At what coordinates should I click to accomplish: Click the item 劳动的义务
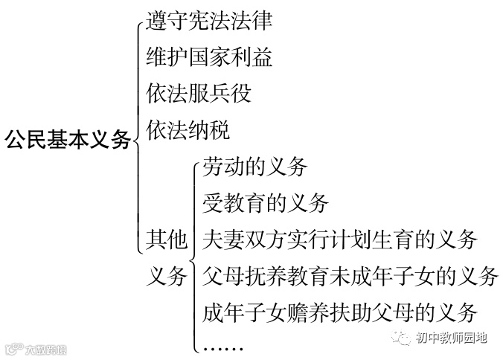coord(254,167)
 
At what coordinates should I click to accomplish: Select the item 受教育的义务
coord(265,202)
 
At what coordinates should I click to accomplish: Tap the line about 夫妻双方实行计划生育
coord(339,239)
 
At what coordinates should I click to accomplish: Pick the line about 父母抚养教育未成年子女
coord(350,275)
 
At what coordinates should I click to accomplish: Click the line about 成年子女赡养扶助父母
coord(339,312)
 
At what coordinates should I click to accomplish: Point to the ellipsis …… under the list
coord(223,345)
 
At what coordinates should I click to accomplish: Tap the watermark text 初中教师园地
coord(451,338)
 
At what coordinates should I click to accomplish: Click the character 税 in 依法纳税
coord(220,129)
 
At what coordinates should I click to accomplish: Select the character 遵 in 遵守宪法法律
coord(157,20)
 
